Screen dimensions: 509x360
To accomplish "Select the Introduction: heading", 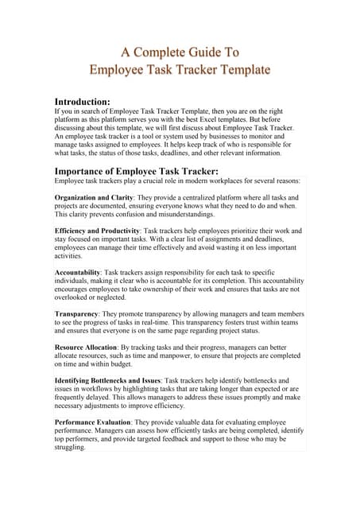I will coord(87,102).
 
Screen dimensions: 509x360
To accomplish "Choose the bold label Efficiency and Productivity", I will coord(105,231).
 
